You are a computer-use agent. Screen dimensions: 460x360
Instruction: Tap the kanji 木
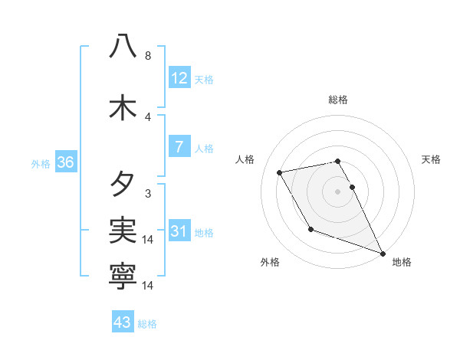click(123, 108)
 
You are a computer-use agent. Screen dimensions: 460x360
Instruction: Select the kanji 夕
click(123, 185)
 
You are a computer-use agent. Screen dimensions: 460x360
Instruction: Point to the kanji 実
click(123, 229)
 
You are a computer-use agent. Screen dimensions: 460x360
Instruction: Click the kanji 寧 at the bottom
click(123, 275)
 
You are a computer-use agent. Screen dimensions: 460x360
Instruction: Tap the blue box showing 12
click(179, 78)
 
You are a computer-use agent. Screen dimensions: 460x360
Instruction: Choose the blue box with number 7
click(179, 147)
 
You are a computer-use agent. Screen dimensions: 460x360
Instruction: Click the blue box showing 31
click(179, 231)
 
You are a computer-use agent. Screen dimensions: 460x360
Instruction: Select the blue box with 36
click(65, 162)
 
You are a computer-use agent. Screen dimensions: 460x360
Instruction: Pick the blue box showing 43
click(123, 322)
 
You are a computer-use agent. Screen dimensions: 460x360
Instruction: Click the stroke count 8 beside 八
click(148, 56)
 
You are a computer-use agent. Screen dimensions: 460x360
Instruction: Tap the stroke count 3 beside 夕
click(148, 194)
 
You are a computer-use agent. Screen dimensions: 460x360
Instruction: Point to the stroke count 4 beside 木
click(148, 117)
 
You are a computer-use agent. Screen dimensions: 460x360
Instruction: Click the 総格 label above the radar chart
click(337, 100)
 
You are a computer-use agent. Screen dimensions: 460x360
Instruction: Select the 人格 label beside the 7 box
click(204, 149)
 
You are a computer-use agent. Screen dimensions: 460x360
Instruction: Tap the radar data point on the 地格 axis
click(383, 254)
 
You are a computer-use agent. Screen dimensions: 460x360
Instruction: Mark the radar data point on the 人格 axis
click(280, 172)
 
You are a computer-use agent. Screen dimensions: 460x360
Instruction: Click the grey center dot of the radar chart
click(337, 191)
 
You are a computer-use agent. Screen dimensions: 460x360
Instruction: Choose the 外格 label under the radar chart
click(270, 263)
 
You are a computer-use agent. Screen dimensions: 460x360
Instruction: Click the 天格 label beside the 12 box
click(204, 80)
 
